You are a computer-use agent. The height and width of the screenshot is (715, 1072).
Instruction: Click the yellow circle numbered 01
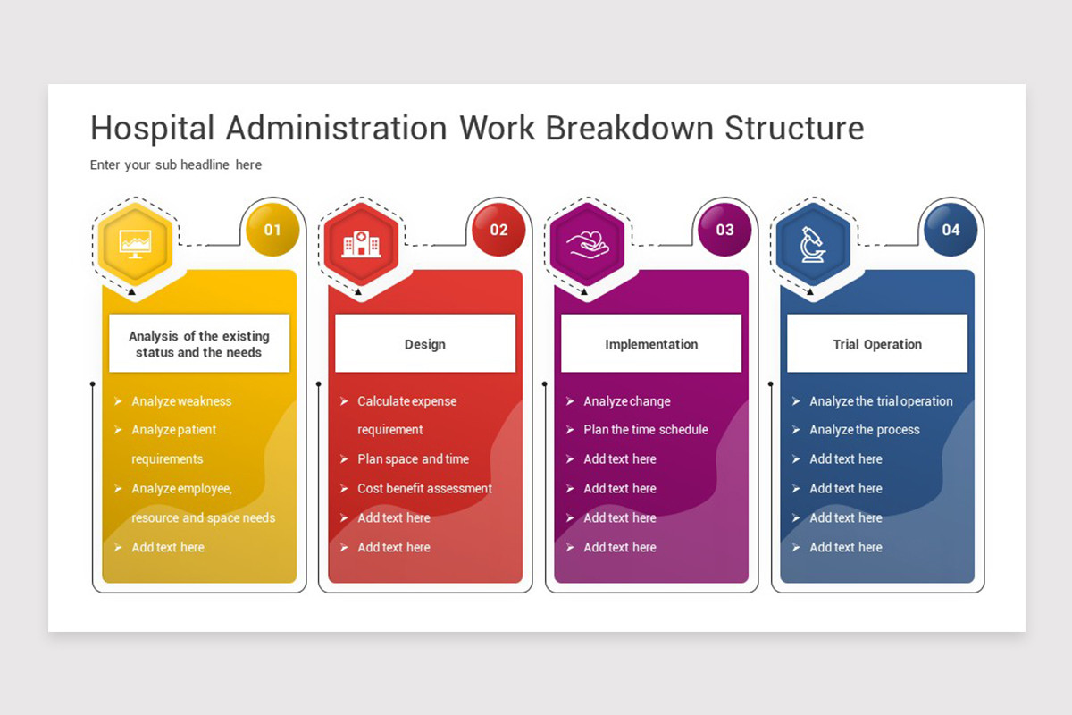(x=272, y=230)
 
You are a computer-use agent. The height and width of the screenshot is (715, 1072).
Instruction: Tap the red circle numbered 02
(x=498, y=230)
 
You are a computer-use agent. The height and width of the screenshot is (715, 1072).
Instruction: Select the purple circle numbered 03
(x=724, y=230)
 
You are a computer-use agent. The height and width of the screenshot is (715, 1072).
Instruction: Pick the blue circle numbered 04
(x=951, y=230)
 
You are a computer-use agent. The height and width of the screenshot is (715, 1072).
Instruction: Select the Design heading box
(x=425, y=344)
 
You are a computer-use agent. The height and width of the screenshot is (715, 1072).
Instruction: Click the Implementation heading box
(x=651, y=344)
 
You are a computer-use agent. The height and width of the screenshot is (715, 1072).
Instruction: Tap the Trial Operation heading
(x=877, y=344)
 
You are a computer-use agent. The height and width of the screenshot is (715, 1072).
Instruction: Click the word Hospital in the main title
(x=153, y=128)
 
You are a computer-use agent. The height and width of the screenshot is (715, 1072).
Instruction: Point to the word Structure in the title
(x=794, y=128)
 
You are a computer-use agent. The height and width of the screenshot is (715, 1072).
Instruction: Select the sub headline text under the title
(x=176, y=164)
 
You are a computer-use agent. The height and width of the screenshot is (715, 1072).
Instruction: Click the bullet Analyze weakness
(x=181, y=401)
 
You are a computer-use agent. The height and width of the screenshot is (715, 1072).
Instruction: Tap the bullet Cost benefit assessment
(x=424, y=488)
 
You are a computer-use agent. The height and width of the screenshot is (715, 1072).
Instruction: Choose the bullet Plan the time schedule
(x=645, y=430)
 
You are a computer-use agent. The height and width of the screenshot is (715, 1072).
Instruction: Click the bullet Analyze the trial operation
(x=881, y=401)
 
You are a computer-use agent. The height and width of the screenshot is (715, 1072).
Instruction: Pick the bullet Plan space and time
(x=413, y=458)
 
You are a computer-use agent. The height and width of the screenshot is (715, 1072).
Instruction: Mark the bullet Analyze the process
(x=864, y=430)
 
